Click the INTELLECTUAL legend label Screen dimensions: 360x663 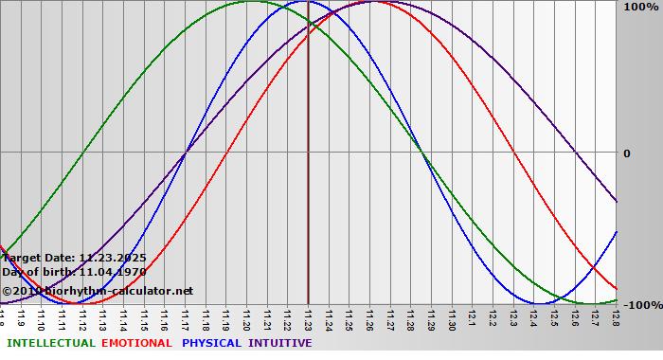[50, 343]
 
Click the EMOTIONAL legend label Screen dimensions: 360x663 [136, 343]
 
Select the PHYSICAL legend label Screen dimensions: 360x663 [212, 343]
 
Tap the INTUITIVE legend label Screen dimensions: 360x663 [279, 343]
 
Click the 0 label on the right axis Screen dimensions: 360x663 [626, 153]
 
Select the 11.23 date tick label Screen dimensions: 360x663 [309, 319]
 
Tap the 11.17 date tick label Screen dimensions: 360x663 [186, 319]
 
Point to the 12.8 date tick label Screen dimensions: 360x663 [616, 319]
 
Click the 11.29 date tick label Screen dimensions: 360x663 [431, 319]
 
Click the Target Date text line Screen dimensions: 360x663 [74, 257]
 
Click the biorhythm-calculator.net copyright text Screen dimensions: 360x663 [97, 291]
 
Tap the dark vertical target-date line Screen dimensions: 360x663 [308, 189]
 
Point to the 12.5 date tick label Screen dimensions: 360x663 [554, 319]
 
